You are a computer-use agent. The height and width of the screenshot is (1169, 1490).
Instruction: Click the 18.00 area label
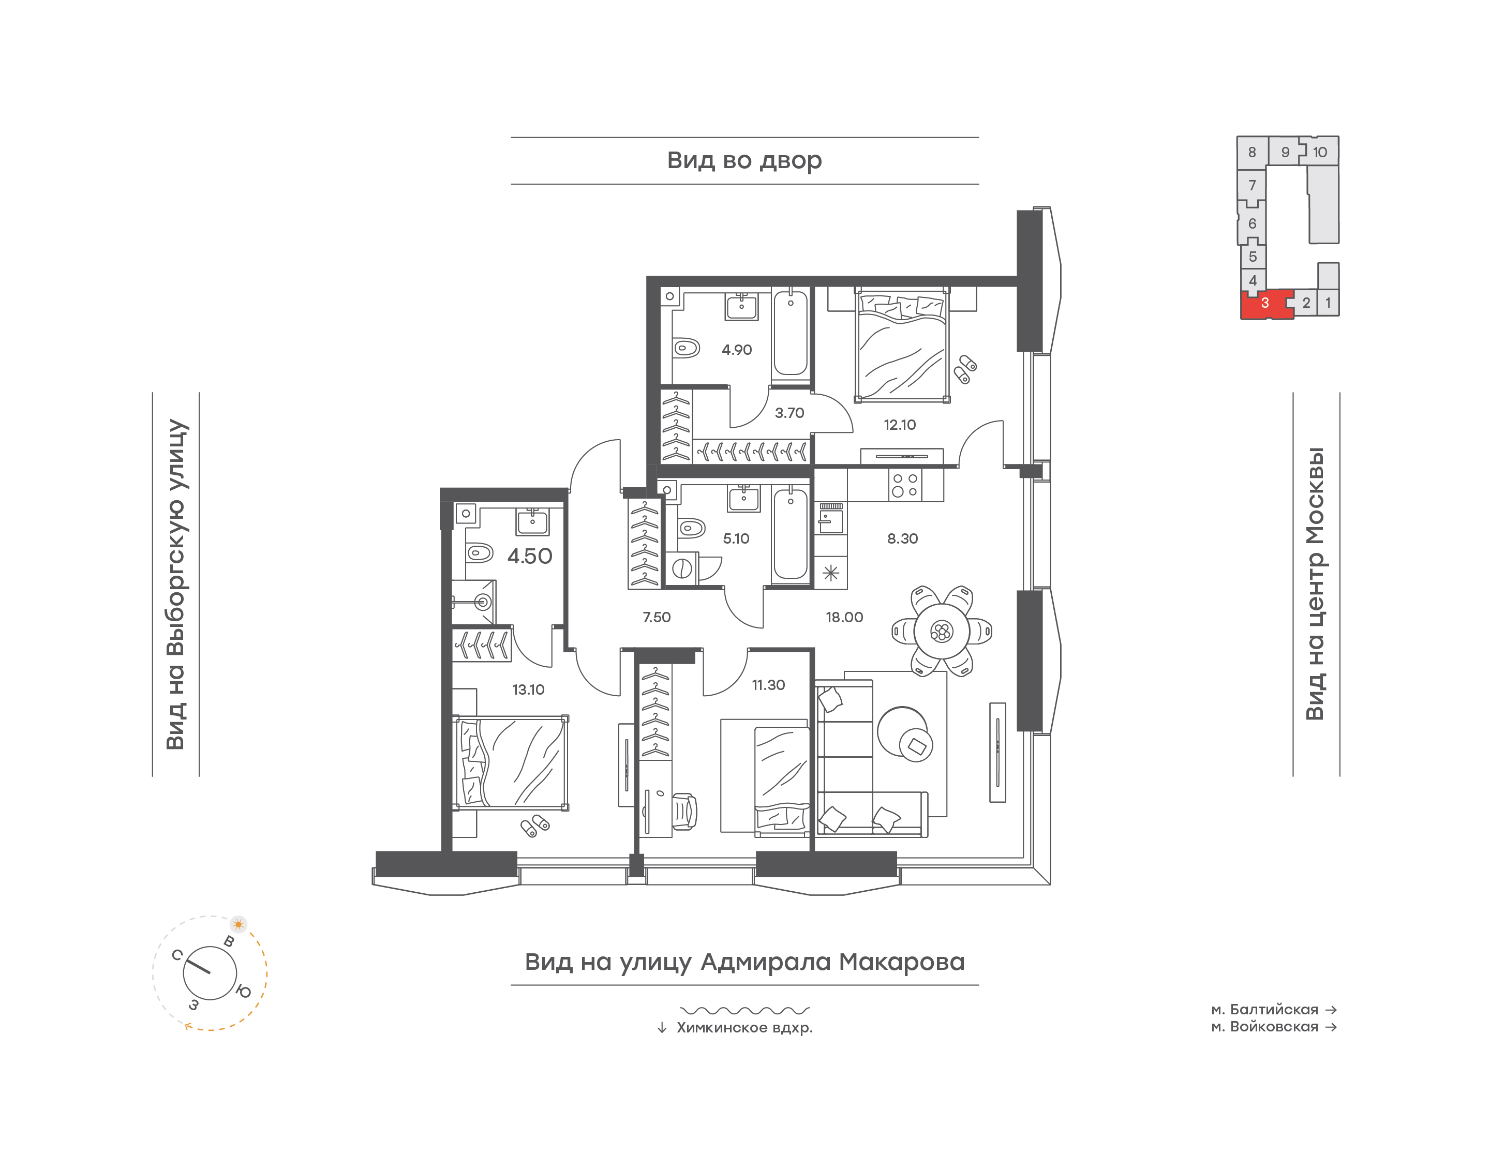coord(844,618)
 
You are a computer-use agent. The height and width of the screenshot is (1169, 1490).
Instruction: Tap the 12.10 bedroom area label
coord(899,425)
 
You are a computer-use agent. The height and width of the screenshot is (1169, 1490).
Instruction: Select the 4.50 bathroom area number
coord(530,557)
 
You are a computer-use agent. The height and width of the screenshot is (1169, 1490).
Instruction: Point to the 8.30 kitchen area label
coord(902,538)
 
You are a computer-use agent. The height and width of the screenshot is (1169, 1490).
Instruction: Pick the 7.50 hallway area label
coord(657,618)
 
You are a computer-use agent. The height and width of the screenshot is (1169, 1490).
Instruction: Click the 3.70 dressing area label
coord(789,413)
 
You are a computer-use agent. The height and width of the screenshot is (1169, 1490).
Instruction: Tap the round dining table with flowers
coord(942,632)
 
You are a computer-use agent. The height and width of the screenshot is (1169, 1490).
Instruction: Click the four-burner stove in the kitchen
coord(905,485)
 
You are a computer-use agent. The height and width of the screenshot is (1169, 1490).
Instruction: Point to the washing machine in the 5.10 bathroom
coord(682,569)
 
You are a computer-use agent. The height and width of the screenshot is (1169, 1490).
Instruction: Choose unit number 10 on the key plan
coord(1320,153)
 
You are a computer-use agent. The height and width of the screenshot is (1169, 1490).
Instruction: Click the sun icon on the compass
coord(238,925)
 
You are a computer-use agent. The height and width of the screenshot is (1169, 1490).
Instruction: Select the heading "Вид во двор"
coord(744,161)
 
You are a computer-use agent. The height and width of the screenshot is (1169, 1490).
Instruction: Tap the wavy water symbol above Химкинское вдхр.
coord(744,1010)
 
